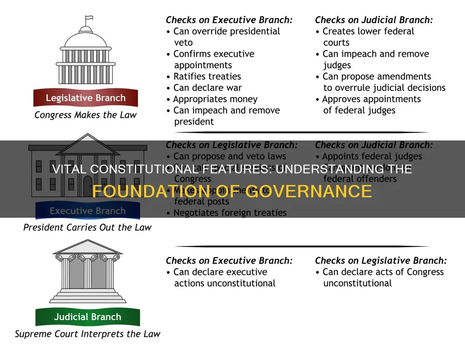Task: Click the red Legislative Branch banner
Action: click(x=85, y=98)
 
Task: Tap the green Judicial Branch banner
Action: click(x=88, y=317)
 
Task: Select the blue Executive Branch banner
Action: click(x=87, y=211)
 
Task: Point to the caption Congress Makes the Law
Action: click(x=85, y=115)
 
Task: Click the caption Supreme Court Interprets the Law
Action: click(x=88, y=334)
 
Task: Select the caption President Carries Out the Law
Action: click(x=87, y=227)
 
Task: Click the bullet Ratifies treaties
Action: click(x=207, y=76)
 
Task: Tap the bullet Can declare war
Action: click(x=208, y=88)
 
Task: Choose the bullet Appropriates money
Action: click(x=215, y=99)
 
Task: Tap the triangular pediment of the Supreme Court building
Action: click(x=88, y=247)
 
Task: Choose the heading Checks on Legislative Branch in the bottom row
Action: click(x=381, y=261)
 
